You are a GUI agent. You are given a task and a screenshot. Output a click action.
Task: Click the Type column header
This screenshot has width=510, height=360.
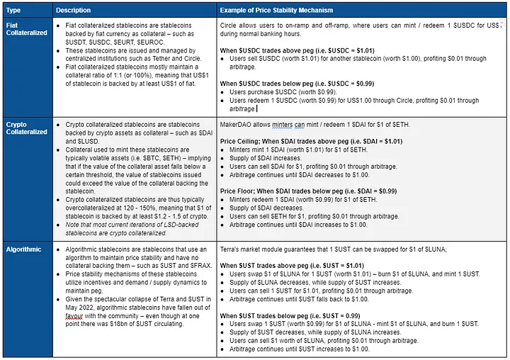[14, 11]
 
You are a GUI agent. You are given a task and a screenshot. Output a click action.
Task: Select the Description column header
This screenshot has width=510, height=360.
[73, 11]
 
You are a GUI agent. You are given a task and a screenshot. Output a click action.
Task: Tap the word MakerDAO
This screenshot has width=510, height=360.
[237, 125]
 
